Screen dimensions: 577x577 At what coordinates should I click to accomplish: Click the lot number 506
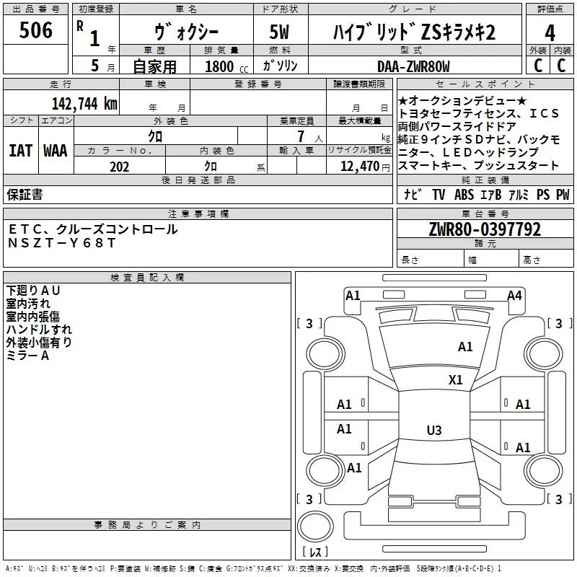(x=35, y=30)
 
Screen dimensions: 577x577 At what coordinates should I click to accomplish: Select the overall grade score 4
(x=550, y=32)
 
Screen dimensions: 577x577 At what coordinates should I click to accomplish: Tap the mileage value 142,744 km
(x=84, y=104)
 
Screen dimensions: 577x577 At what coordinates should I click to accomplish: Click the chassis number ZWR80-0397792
(x=485, y=229)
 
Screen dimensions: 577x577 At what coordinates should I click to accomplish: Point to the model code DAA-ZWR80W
(x=413, y=66)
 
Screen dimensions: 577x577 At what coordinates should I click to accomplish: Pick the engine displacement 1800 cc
(x=226, y=66)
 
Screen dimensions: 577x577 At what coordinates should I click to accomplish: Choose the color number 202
(x=119, y=167)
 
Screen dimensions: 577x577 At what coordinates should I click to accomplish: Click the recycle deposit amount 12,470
(x=360, y=167)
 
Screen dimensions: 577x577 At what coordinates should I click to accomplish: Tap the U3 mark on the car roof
(x=434, y=430)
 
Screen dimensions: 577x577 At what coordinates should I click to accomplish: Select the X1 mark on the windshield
(x=455, y=379)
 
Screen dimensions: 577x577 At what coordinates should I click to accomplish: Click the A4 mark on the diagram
(x=514, y=295)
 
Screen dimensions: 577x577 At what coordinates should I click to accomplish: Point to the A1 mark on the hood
(x=465, y=346)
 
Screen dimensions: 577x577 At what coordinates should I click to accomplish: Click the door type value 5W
(x=279, y=32)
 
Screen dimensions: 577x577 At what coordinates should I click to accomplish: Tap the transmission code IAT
(x=20, y=151)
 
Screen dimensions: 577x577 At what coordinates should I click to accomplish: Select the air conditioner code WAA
(x=56, y=151)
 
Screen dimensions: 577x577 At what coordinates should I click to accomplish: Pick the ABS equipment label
(x=464, y=194)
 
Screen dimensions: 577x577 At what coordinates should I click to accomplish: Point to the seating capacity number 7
(x=301, y=136)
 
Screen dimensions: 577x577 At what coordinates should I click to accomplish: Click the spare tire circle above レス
(x=315, y=527)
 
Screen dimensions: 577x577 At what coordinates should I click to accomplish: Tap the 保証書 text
(x=25, y=194)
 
